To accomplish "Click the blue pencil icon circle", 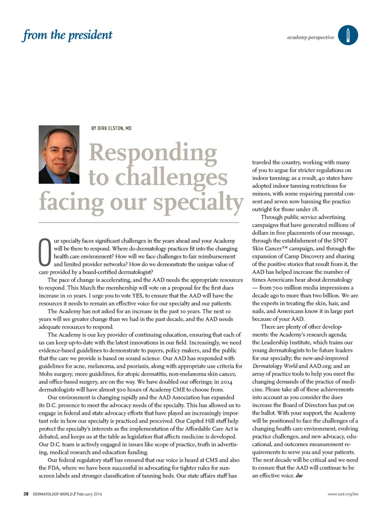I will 348,35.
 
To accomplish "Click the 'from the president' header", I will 67,35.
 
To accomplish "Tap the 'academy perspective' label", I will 310,37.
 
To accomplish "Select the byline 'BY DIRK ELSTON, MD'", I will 111,128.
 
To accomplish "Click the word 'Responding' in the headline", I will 153,153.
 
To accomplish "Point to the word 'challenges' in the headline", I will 171,177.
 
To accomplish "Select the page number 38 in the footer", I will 26,494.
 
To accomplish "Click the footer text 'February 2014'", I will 89,494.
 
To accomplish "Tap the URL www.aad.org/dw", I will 343,494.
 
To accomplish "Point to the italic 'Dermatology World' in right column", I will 275,366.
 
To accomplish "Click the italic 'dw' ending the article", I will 299,476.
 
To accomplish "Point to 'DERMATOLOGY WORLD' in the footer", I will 53,494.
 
